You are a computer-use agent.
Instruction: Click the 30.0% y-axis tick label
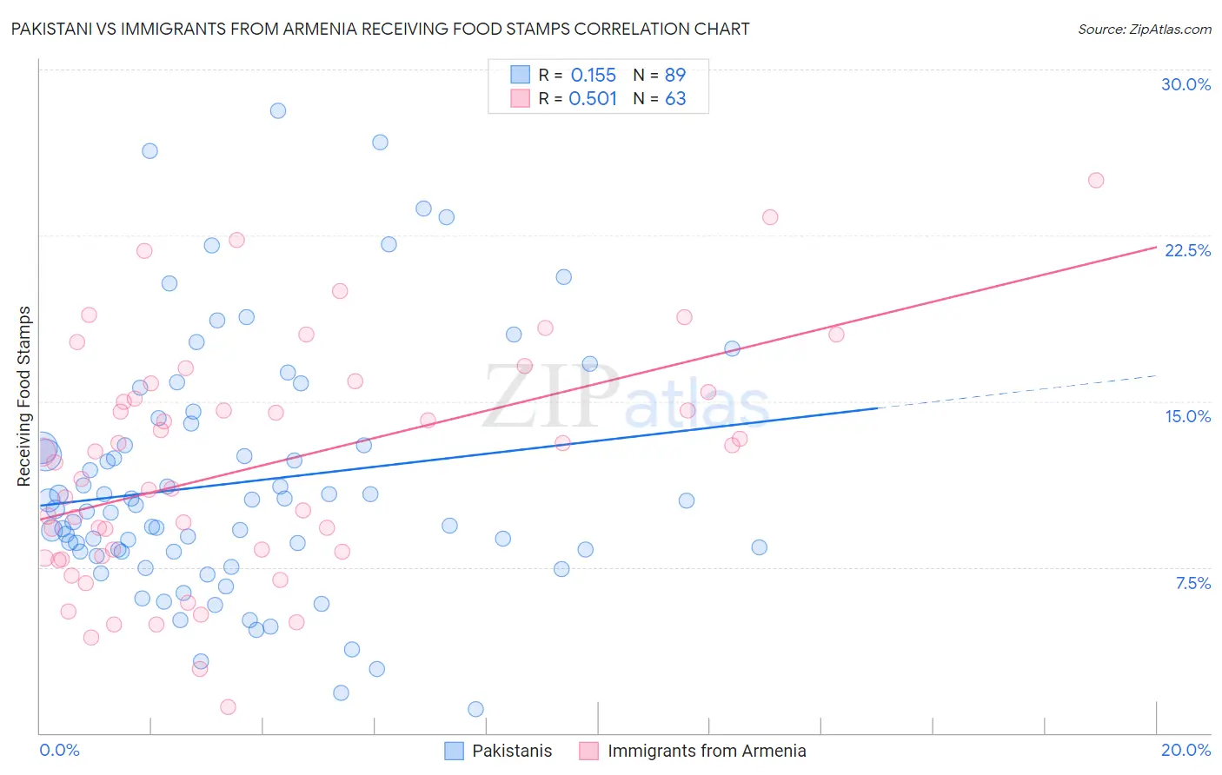pyautogui.click(x=1185, y=84)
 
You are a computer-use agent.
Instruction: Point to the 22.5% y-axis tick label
pyautogui.click(x=1187, y=250)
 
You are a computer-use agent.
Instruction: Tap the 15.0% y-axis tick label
pyautogui.click(x=1187, y=416)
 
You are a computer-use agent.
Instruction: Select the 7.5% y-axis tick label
pyautogui.click(x=1192, y=583)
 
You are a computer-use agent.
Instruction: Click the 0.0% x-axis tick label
pyautogui.click(x=59, y=750)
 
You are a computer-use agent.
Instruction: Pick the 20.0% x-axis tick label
pyautogui.click(x=1185, y=750)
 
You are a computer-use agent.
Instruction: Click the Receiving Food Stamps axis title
pyautogui.click(x=24, y=396)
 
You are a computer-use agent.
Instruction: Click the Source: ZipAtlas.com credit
pyautogui.click(x=1144, y=29)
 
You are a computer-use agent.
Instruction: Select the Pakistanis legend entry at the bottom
pyautogui.click(x=511, y=751)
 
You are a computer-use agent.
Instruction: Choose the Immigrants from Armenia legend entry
pyautogui.click(x=706, y=751)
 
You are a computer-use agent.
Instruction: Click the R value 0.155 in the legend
pyautogui.click(x=593, y=76)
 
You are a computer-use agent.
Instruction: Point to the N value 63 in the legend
pyautogui.click(x=675, y=99)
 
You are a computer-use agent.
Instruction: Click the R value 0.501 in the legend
pyautogui.click(x=593, y=99)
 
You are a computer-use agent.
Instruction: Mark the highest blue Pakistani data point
pyautogui.click(x=278, y=110)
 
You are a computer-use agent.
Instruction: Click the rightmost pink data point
pyautogui.click(x=1096, y=181)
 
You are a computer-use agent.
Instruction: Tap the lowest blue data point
pyautogui.click(x=475, y=709)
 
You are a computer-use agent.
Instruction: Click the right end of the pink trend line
pyautogui.click(x=1155, y=248)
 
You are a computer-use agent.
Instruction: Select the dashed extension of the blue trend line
pyautogui.click(x=1017, y=392)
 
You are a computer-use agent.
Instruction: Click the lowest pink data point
pyautogui.click(x=228, y=706)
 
